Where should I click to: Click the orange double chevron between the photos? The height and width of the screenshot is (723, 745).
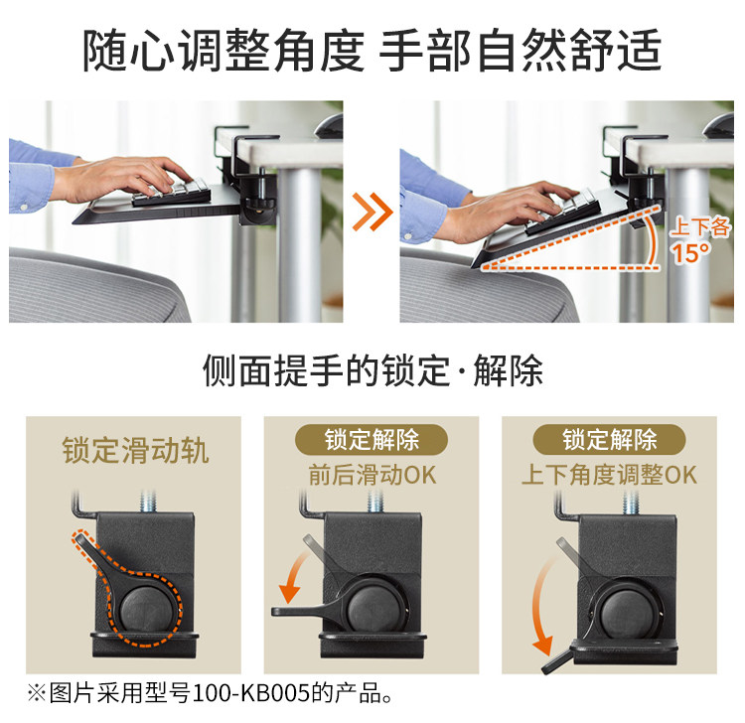pos(372,212)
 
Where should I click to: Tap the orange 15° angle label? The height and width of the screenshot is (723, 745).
pos(691,252)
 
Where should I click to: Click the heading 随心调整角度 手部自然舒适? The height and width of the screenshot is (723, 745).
pos(372,51)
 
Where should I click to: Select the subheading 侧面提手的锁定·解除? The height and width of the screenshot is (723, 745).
pos(372,370)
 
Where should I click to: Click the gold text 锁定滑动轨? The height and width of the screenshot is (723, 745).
pos(135,450)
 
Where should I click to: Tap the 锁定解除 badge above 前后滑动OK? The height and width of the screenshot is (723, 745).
pos(372,439)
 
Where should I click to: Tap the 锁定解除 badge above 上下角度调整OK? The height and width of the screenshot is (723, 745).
pos(609,439)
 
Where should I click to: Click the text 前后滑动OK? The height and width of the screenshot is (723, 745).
pos(372,475)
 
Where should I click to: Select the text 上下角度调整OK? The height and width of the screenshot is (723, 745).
pos(609,475)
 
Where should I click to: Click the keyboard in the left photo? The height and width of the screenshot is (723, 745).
pos(172,191)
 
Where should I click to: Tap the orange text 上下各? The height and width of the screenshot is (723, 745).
pos(700,227)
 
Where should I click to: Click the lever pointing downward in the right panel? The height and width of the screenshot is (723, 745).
pos(558,660)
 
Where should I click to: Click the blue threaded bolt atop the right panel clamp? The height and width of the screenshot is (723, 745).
pos(632,503)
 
